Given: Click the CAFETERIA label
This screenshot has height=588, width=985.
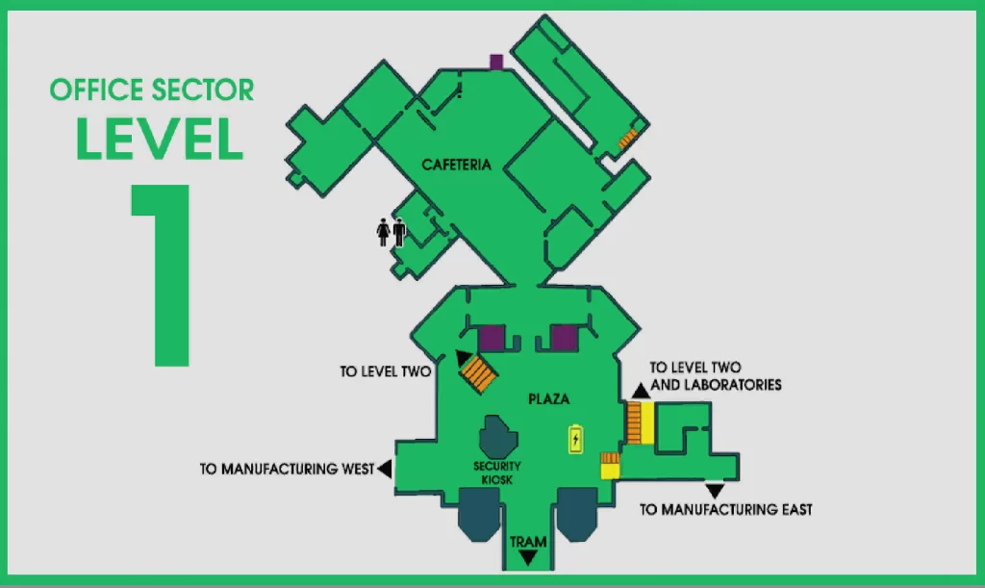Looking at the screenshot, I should pos(456,165).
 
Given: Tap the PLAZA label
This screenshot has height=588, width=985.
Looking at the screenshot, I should pos(548,398).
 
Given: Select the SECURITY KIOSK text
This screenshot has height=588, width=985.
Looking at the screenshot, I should pos(496,473).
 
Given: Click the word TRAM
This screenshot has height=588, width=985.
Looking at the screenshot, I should pos(527,542).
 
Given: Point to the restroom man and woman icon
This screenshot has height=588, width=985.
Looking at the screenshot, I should pos(391,233).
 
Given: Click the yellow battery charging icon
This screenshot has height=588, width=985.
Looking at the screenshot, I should pos(575,439).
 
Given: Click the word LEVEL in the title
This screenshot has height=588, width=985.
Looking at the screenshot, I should pos(159,140).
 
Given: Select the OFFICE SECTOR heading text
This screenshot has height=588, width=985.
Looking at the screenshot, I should pos(152,90).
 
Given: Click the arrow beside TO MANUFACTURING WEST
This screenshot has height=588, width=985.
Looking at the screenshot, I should pos(384,470).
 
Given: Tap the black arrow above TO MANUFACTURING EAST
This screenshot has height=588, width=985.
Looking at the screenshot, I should pos(715,491).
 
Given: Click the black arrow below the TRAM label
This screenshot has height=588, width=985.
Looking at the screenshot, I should pos(527,558).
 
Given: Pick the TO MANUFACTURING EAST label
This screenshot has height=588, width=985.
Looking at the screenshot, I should pos(725,509).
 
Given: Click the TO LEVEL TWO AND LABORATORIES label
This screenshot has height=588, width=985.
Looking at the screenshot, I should pos(715,376).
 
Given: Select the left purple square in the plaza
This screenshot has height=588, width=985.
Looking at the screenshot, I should pos(492,339).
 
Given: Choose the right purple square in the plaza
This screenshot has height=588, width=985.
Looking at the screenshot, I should pos(563,339).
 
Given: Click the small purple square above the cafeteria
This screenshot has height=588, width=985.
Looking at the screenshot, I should pos(496,63).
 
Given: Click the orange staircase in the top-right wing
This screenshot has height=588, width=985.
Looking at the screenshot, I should pos(628,140).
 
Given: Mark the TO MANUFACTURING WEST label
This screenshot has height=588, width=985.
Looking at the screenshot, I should pos(287,470).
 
